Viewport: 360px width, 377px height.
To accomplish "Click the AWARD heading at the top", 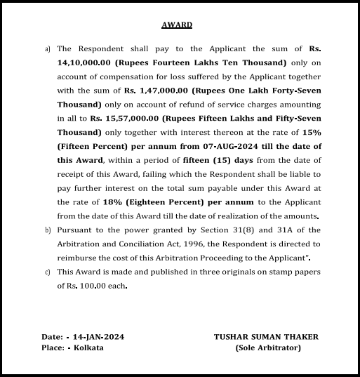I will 176,25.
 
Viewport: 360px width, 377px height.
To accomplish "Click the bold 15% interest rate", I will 312,132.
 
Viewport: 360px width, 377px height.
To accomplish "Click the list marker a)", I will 47,49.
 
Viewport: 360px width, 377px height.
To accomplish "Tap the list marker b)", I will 47,230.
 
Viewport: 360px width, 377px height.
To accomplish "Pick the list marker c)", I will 47,271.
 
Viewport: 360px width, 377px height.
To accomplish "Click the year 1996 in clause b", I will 182,243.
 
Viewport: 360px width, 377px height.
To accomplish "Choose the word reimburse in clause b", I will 80,257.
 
